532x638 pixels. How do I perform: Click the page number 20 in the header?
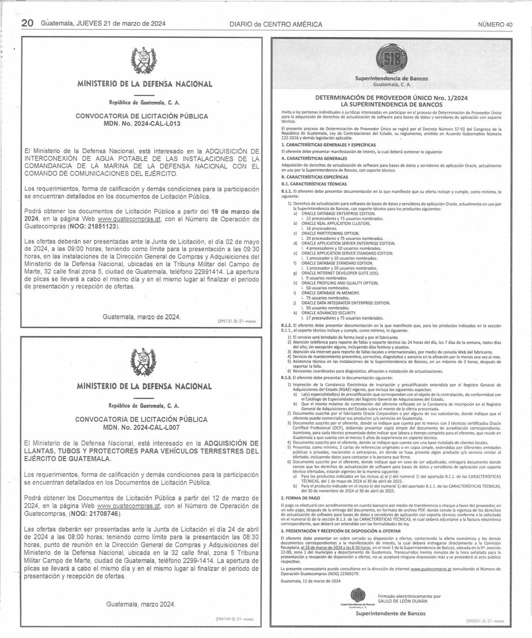point(27,23)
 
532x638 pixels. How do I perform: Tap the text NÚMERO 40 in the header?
point(495,25)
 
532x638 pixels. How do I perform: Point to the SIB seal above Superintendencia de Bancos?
point(391,59)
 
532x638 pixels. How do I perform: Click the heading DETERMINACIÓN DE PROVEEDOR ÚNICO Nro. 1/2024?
point(391,97)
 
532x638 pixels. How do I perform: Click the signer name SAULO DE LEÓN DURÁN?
point(403,601)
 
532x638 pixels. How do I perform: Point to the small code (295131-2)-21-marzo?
point(236,321)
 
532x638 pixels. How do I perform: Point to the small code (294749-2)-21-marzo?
point(234,619)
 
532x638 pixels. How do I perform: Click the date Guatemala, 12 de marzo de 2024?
point(310,581)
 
